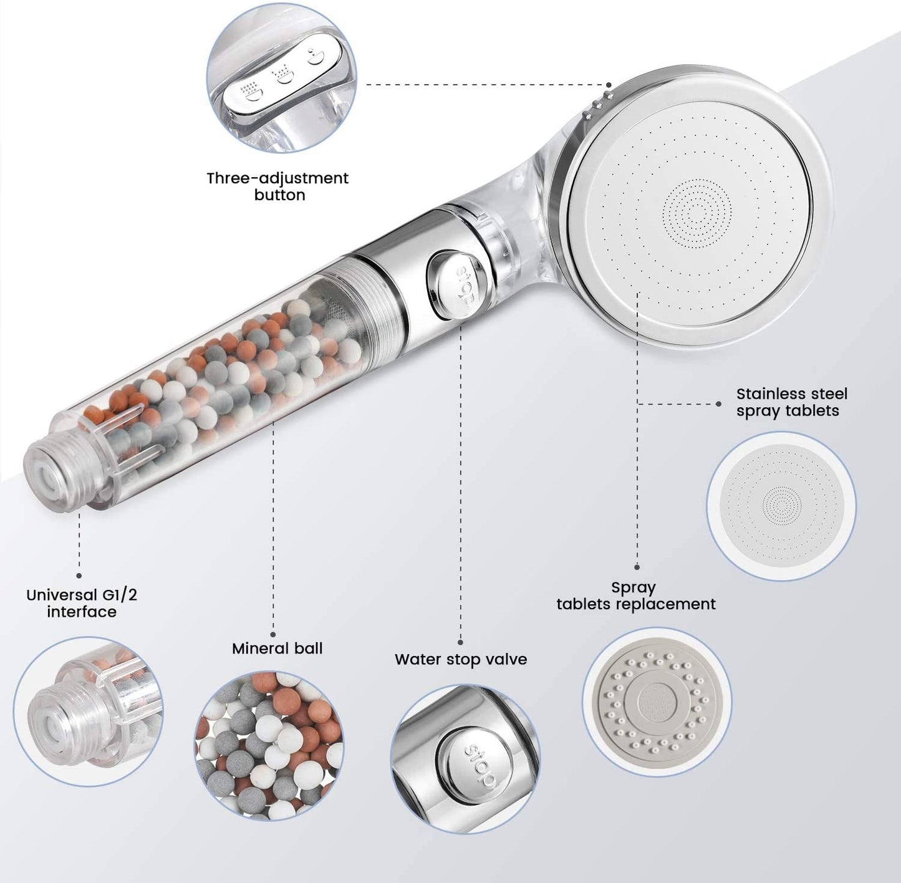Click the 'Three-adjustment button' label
(x=278, y=186)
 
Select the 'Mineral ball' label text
(x=277, y=649)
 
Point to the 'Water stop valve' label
(x=461, y=660)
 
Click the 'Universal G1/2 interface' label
(x=82, y=604)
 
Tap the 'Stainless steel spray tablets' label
(x=792, y=402)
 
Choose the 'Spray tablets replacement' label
(x=636, y=596)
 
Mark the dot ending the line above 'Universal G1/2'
(x=79, y=576)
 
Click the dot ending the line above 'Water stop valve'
(x=461, y=642)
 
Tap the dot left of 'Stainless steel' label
(x=719, y=403)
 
